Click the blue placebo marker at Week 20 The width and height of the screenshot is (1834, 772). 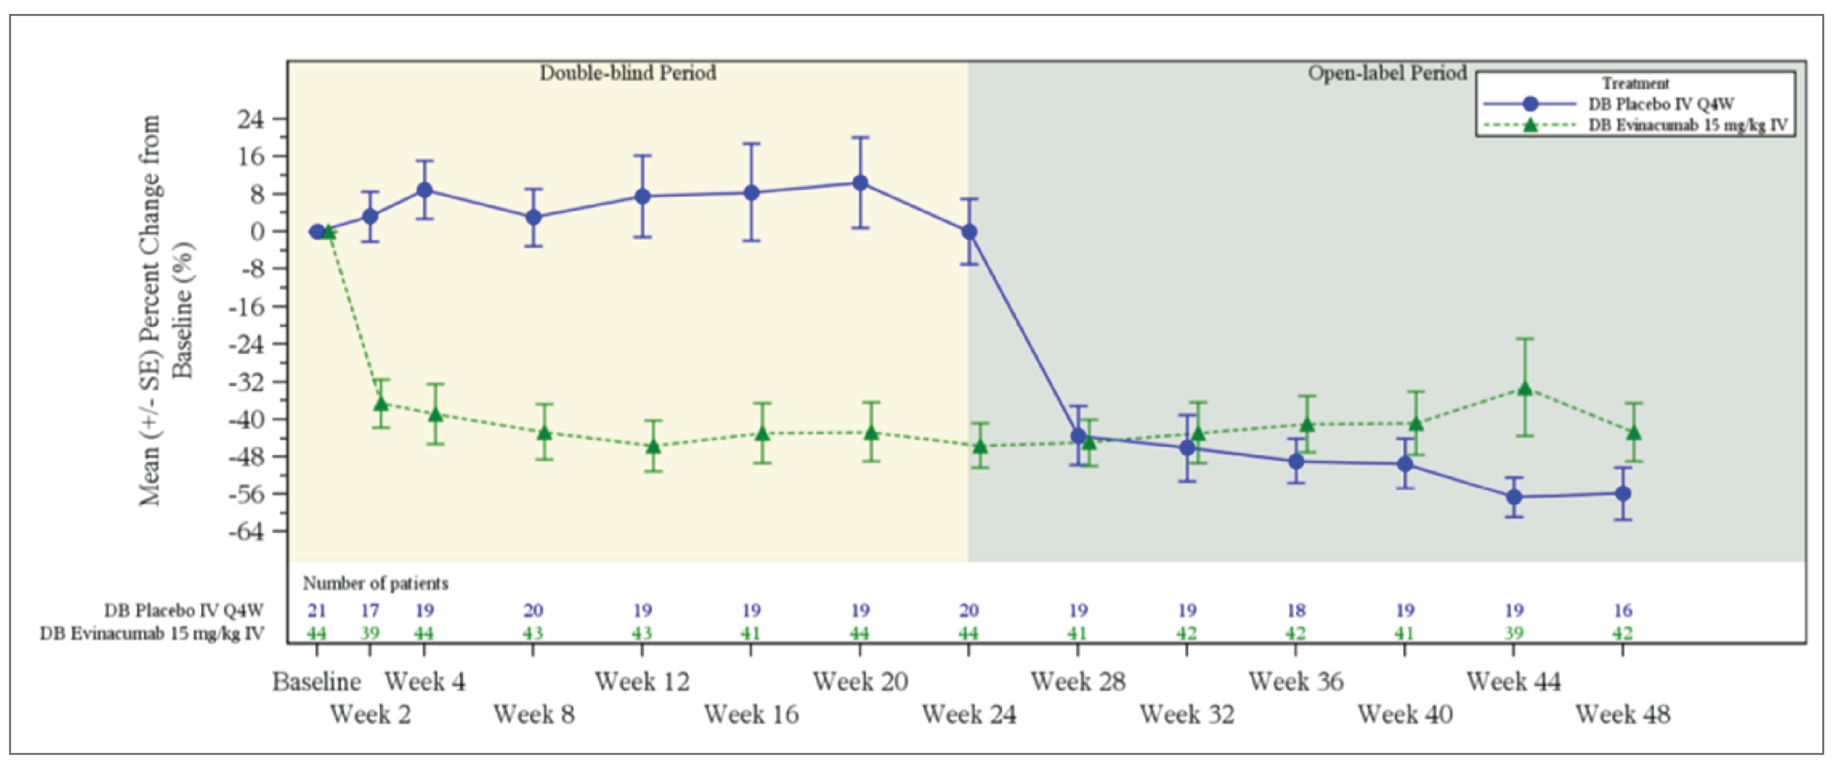pyautogui.click(x=860, y=183)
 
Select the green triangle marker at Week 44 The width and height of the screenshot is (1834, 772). pyautogui.click(x=1524, y=388)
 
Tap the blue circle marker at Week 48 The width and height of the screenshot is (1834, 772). pyautogui.click(x=1623, y=494)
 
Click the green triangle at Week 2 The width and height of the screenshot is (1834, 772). pyautogui.click(x=381, y=403)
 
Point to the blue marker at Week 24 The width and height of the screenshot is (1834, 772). pyautogui.click(x=969, y=232)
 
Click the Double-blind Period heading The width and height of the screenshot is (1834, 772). pyautogui.click(x=627, y=73)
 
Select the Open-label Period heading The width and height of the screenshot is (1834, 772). pyautogui.click(x=1387, y=73)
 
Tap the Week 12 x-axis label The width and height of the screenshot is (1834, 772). pyautogui.click(x=642, y=682)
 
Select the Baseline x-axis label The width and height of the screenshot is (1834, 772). pyautogui.click(x=316, y=682)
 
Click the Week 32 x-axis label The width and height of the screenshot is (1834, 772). pyautogui.click(x=1187, y=714)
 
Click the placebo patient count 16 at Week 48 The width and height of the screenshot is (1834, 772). pyautogui.click(x=1623, y=611)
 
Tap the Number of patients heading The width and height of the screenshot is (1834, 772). pyautogui.click(x=375, y=584)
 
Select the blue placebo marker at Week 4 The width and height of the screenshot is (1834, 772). pyautogui.click(x=424, y=190)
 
